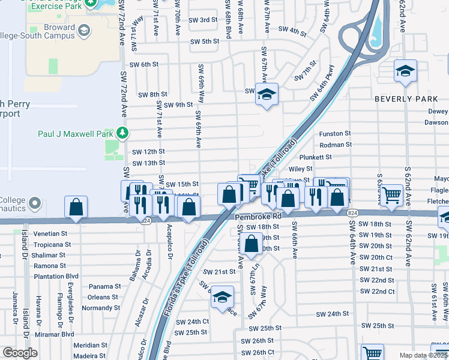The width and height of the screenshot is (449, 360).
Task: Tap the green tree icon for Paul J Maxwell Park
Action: (x=122, y=132)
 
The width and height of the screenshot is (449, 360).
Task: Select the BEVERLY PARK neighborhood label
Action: (x=403, y=98)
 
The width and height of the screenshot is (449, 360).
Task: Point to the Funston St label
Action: (x=334, y=134)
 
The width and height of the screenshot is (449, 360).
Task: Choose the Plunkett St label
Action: (x=333, y=157)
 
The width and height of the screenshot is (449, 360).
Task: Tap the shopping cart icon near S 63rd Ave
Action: (x=391, y=194)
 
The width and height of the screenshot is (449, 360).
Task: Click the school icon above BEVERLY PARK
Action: (x=405, y=71)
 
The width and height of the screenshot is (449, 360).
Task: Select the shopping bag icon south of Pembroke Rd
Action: (x=252, y=244)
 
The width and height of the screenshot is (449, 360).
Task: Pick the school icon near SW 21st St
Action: (x=222, y=298)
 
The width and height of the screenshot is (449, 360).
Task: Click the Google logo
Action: (x=20, y=353)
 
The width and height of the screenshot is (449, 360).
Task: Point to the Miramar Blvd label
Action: (x=53, y=334)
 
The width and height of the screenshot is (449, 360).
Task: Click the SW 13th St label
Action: (x=148, y=163)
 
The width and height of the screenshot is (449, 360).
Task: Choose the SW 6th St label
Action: (x=141, y=64)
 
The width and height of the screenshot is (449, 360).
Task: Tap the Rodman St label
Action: (x=335, y=145)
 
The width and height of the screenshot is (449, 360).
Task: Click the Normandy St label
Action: (x=101, y=308)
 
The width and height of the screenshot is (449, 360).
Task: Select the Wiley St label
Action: (x=301, y=169)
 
